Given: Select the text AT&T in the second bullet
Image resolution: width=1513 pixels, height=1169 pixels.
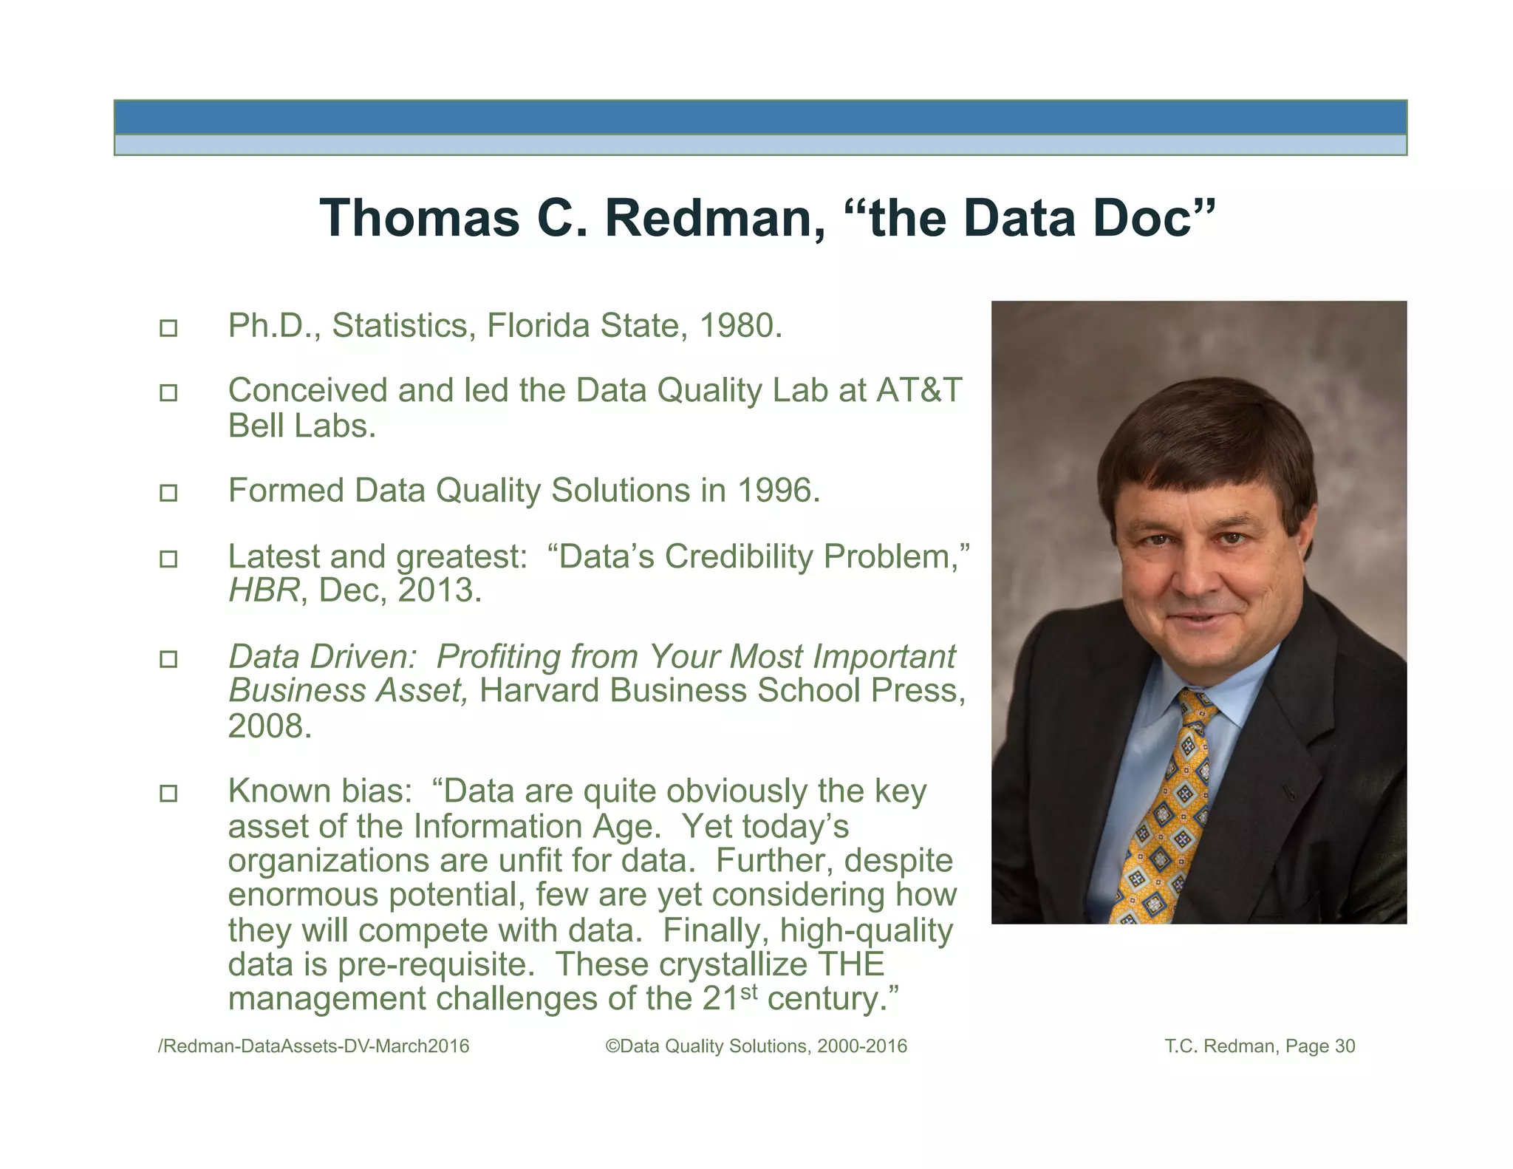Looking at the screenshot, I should [x=919, y=390].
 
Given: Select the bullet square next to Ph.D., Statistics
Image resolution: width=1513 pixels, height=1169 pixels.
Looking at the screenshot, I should [x=168, y=328].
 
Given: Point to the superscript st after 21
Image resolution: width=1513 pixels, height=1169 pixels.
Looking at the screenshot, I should [x=748, y=991].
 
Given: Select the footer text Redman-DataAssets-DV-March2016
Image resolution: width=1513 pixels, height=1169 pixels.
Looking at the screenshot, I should [x=315, y=1046].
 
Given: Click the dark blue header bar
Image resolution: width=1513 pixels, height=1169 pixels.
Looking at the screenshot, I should [x=759, y=117].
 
